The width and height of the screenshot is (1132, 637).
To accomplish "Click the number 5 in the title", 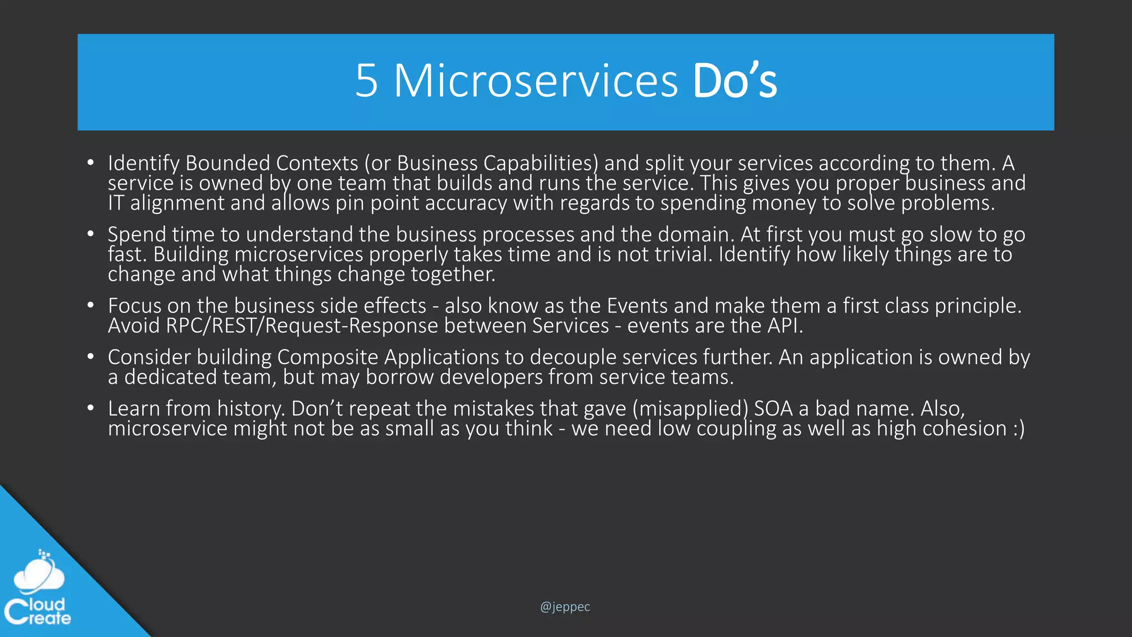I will point(366,81).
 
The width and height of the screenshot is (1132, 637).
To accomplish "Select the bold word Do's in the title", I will point(735,81).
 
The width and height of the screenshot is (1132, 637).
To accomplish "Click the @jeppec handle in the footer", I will point(565,607).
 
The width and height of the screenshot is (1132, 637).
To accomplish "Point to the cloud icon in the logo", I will point(39,572).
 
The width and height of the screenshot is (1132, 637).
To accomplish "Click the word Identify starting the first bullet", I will point(143,163).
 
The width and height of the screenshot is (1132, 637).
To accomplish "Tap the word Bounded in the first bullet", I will point(228,163).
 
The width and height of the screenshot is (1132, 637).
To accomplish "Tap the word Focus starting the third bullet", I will point(134,306).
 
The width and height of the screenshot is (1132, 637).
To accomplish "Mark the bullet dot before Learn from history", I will point(91,409).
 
